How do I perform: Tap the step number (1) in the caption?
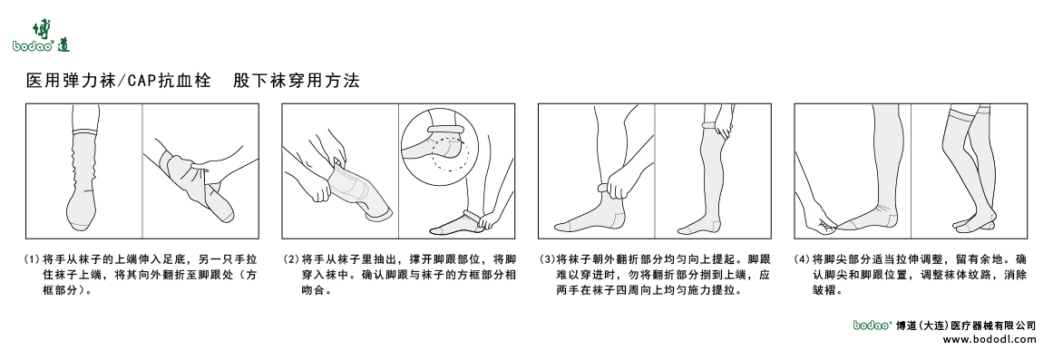[33, 258]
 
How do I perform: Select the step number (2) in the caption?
[290, 258]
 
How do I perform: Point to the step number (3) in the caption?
[547, 258]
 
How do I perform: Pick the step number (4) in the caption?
[803, 258]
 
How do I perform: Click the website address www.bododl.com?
[990, 339]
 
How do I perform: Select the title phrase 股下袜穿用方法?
[297, 82]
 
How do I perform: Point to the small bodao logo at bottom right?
[873, 325]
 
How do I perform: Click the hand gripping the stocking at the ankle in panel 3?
[618, 188]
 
